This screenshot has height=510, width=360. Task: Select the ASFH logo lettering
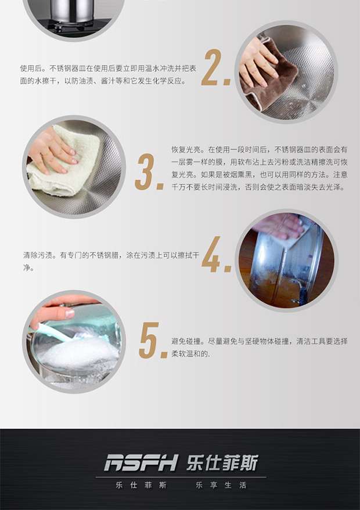point(141,462)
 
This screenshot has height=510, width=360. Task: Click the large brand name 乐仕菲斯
point(222,462)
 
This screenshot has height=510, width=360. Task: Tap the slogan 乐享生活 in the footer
point(221,485)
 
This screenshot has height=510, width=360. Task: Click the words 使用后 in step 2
point(31,68)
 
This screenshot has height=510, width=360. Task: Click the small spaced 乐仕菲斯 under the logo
point(141,485)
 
